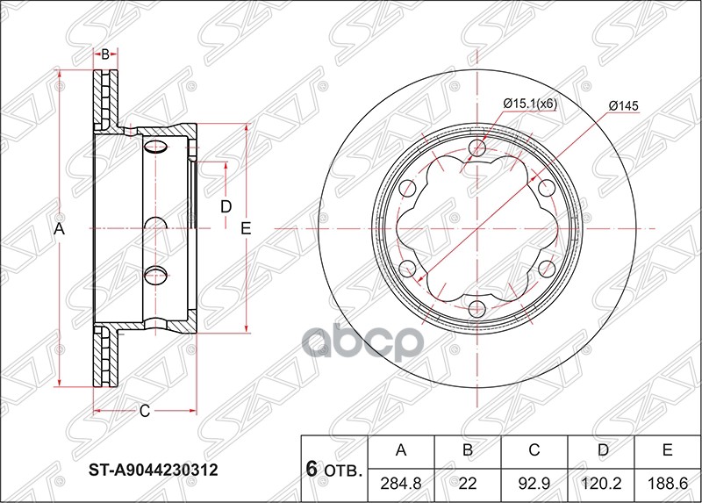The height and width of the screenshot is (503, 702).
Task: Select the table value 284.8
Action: pyautogui.click(x=401, y=484)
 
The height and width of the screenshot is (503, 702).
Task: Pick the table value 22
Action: pyautogui.click(x=468, y=484)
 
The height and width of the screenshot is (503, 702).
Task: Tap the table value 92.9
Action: pyautogui.click(x=534, y=484)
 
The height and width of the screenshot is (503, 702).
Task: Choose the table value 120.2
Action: pyautogui.click(x=600, y=484)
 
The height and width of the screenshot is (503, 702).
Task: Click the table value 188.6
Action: pyautogui.click(x=667, y=484)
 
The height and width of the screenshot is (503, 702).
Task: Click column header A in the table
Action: pyautogui.click(x=401, y=451)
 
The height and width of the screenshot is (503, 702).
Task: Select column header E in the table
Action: pyautogui.click(x=667, y=451)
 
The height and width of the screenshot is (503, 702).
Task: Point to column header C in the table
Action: pyautogui.click(x=534, y=451)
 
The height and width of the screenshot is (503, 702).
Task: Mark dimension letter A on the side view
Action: pyautogui.click(x=60, y=229)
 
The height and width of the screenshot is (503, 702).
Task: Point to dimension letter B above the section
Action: pyautogui.click(x=104, y=54)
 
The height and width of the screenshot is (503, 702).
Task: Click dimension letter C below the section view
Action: pyautogui.click(x=145, y=410)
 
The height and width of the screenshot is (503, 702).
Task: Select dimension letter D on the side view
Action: pyautogui.click(x=226, y=207)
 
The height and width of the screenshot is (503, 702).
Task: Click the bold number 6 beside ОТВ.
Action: pyautogui.click(x=311, y=469)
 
